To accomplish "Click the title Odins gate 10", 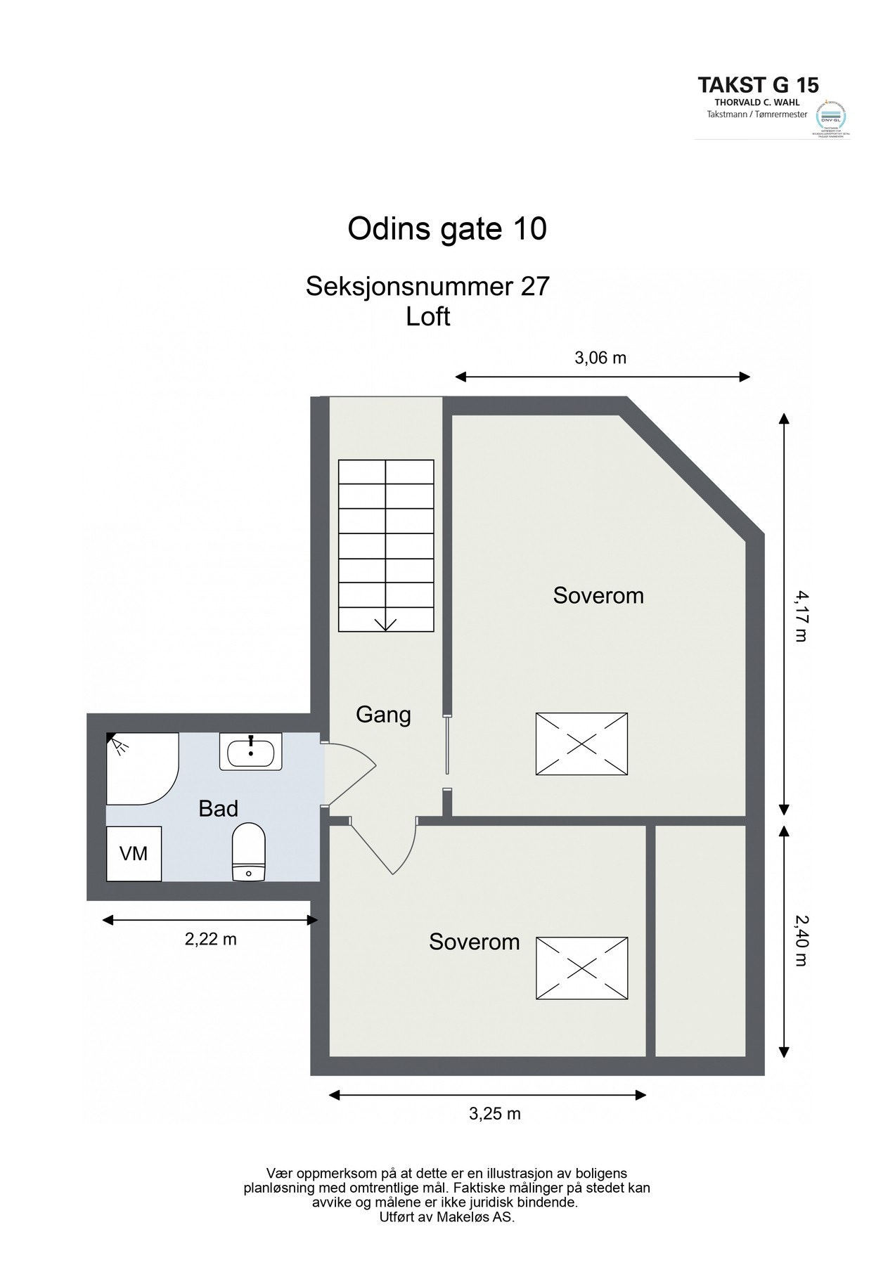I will click(447, 229).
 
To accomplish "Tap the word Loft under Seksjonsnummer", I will click(427, 317).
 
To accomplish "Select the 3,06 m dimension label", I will click(600, 358).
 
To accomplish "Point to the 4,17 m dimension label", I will click(801, 616).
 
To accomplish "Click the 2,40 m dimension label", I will click(801, 940).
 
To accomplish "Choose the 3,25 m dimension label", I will click(494, 1113).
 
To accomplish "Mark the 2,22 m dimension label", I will click(210, 939).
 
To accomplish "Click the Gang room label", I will click(383, 715).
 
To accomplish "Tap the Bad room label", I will click(218, 809).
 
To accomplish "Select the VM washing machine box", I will click(134, 853).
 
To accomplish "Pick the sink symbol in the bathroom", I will click(250, 752).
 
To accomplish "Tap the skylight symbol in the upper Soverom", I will click(581, 744).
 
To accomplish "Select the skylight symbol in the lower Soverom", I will click(581, 968).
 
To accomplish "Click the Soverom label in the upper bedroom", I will click(598, 596).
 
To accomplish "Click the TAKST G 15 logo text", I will click(758, 86).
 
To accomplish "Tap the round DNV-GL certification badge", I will click(830, 115).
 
